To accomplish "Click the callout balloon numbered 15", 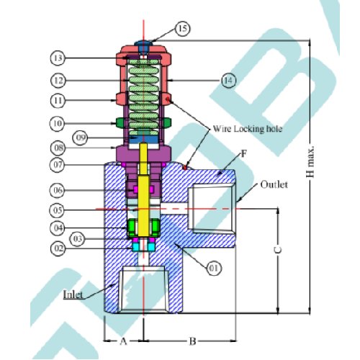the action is pos(183,29).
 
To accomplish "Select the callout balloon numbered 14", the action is pos(228,81).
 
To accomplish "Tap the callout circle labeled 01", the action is pos(214,268).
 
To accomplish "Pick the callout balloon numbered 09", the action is pos(81,138).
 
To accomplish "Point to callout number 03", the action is pos(77,239).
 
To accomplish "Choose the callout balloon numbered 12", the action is pos(58,81).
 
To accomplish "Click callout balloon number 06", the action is pos(58,190).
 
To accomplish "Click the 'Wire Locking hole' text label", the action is pos(248,129).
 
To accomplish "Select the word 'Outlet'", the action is pos(274,184).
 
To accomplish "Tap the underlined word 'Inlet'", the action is pos(73,294).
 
